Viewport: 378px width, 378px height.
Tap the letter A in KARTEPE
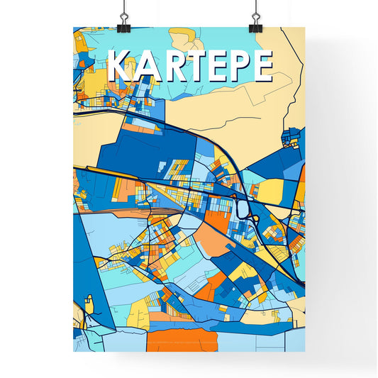pos(147,66)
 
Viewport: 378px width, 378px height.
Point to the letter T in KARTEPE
pos(194,66)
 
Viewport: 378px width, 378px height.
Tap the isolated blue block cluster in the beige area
pos(291,136)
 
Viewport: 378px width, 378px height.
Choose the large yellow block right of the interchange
pos(272,191)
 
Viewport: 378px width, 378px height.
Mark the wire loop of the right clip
pos(255,11)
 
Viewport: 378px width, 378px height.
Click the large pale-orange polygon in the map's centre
pos(213,241)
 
